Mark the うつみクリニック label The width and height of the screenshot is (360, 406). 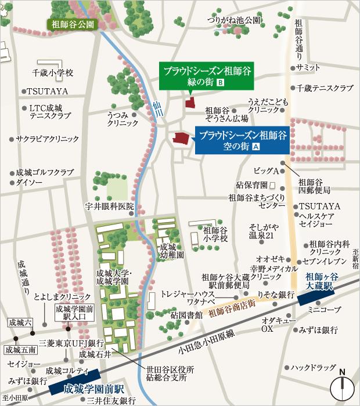(x=122, y=119)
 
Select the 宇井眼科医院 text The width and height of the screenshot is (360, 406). (x=109, y=206)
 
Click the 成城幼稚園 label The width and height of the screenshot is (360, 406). (x=172, y=251)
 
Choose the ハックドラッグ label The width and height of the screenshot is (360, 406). (x=313, y=368)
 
